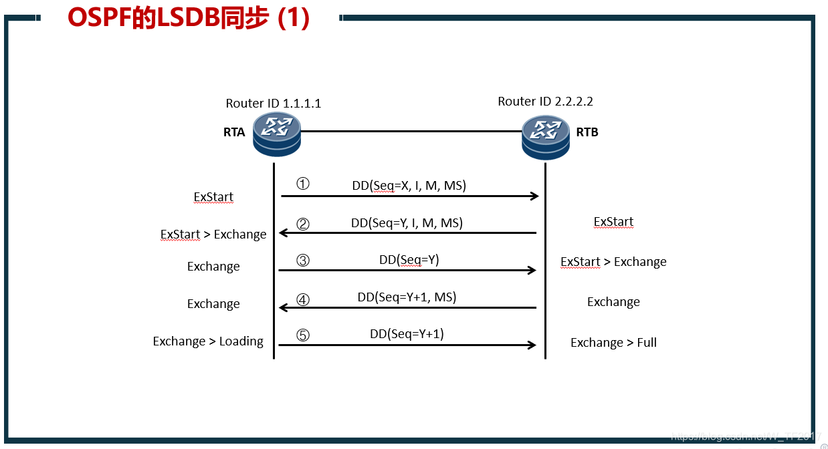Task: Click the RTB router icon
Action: pyautogui.click(x=545, y=137)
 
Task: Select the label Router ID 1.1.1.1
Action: pyautogui.click(x=274, y=103)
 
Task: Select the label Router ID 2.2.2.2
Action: pyautogui.click(x=546, y=102)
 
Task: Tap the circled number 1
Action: pyautogui.click(x=303, y=184)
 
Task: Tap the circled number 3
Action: pyautogui.click(x=303, y=260)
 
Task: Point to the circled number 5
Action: pyautogui.click(x=303, y=335)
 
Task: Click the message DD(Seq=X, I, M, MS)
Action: pyautogui.click(x=409, y=186)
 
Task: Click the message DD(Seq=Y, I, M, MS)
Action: pyautogui.click(x=407, y=222)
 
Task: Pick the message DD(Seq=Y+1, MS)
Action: pyautogui.click(x=407, y=297)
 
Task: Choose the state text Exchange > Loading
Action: pyautogui.click(x=208, y=341)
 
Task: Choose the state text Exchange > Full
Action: pyautogui.click(x=613, y=343)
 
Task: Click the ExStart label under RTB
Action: pyautogui.click(x=613, y=222)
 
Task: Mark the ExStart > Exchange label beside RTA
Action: pyautogui.click(x=213, y=235)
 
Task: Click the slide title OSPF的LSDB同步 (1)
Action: pyautogui.click(x=189, y=18)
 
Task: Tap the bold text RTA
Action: pyautogui.click(x=234, y=132)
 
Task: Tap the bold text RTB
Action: pyautogui.click(x=587, y=132)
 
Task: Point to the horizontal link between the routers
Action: pyautogui.click(x=411, y=131)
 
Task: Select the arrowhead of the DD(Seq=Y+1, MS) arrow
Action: pyautogui.click(x=283, y=307)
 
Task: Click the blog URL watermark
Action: pyautogui.click(x=746, y=436)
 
